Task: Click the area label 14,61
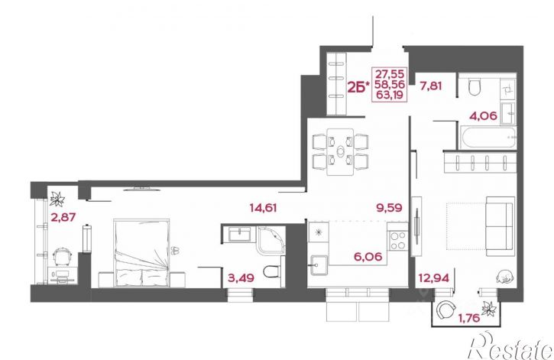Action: coord(263,208)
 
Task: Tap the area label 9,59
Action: coord(390,208)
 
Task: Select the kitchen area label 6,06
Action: coord(368,257)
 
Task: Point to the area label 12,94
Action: coord(434,278)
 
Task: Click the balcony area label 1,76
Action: coord(469,318)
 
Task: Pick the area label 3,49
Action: coord(241,278)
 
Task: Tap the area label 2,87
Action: coord(63,217)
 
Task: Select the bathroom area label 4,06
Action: coord(484,115)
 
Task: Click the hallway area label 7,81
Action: coord(431,86)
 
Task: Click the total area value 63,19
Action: coord(390,95)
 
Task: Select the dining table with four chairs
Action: coord(340,152)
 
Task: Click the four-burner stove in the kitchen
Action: coord(398,240)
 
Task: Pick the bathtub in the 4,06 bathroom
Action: coord(488,138)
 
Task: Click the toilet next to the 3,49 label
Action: coord(273,271)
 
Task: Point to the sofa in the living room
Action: coord(500,226)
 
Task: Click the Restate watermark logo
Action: coord(510,346)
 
